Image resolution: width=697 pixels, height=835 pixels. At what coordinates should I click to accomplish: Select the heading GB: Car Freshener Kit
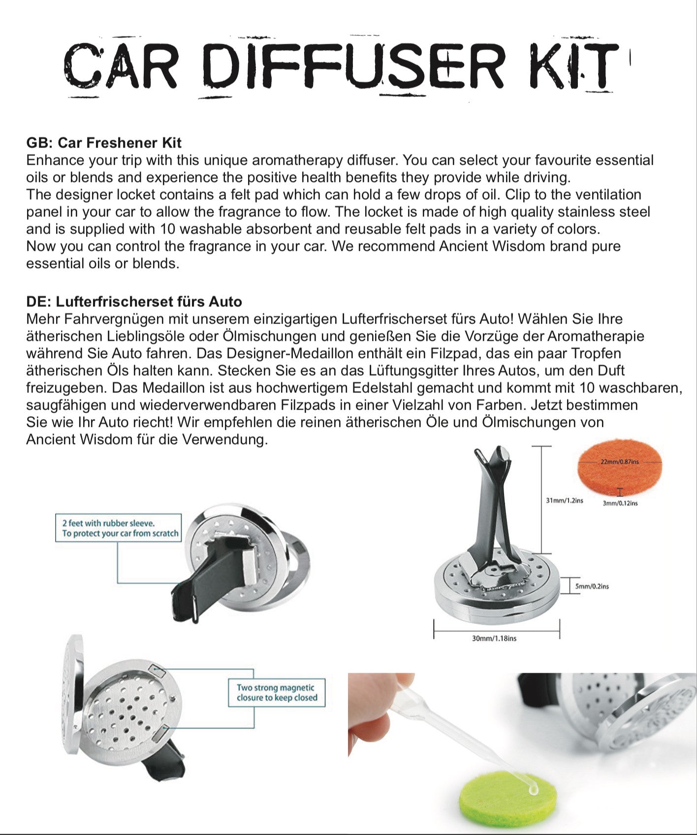(104, 143)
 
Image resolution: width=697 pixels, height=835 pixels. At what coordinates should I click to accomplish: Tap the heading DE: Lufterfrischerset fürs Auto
(134, 301)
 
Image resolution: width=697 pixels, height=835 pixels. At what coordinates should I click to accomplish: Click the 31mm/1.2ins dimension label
(564, 500)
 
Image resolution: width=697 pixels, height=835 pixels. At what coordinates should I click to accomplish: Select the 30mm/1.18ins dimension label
(494, 638)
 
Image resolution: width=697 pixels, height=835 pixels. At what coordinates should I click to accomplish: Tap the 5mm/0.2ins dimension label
(592, 586)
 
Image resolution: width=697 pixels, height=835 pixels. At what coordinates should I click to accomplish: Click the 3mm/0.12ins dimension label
(620, 503)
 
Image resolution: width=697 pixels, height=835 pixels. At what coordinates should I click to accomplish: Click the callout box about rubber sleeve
(119, 528)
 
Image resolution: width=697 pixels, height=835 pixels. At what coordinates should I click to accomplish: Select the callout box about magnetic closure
(277, 692)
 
